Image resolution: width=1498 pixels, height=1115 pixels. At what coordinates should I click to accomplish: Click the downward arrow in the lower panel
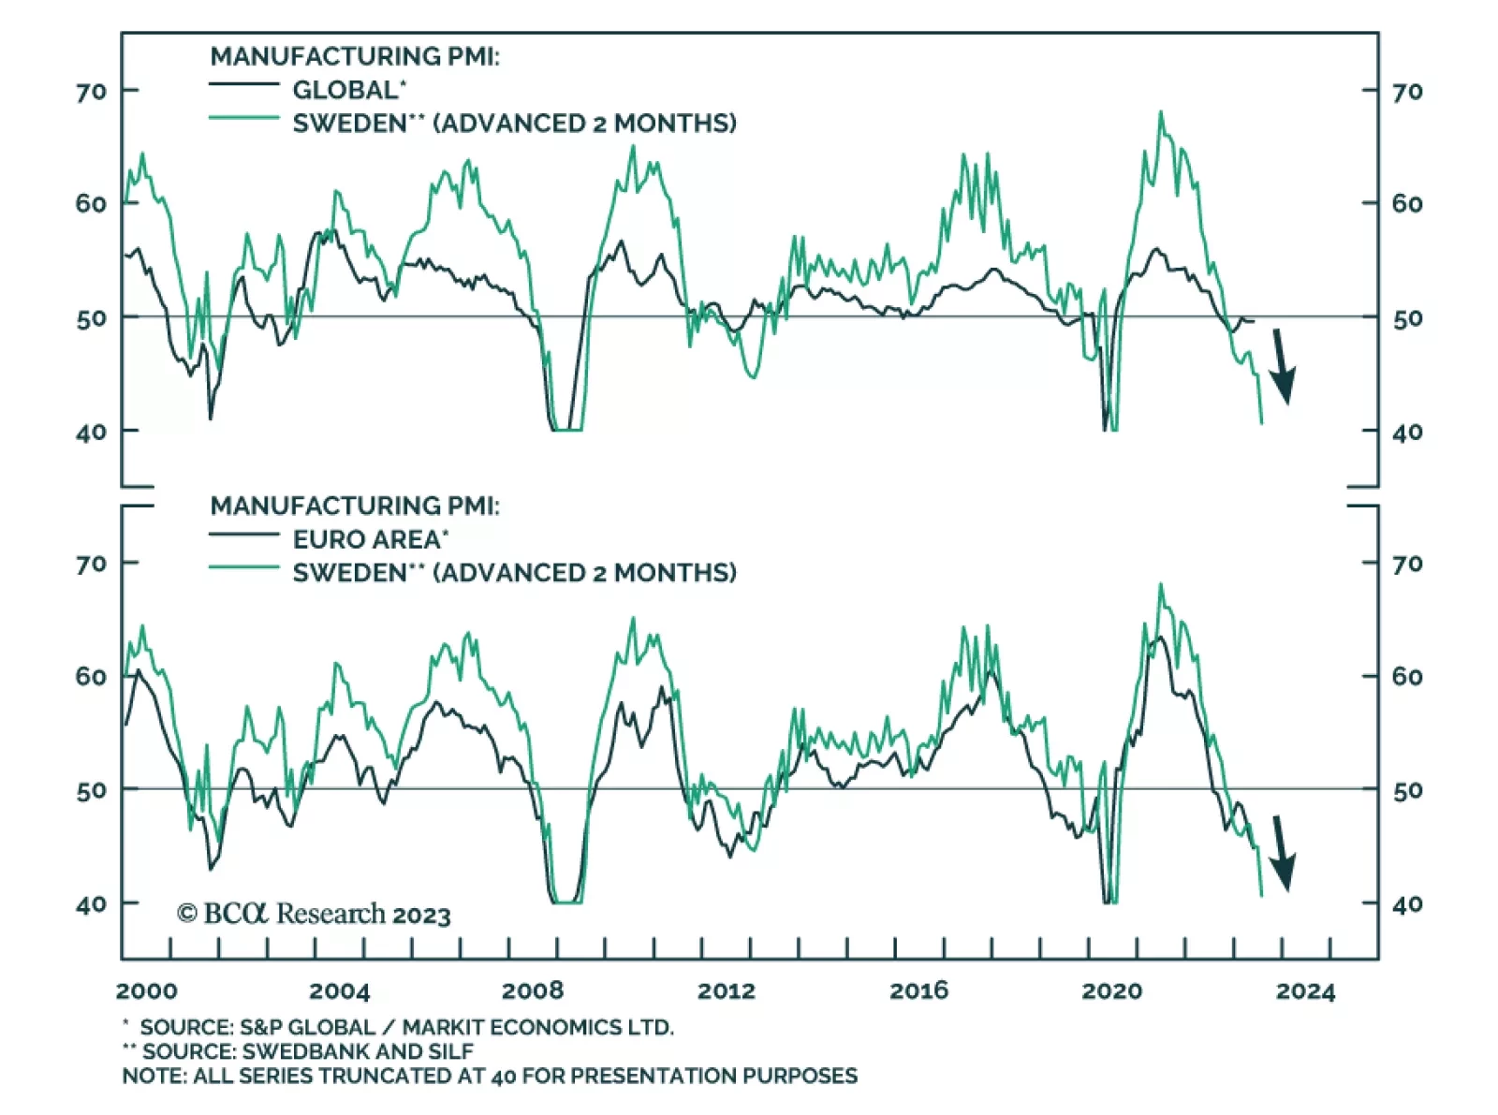click(1282, 852)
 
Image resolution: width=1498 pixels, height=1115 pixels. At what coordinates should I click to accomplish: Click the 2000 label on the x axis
click(147, 990)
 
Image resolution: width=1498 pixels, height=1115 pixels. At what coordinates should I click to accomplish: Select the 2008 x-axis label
click(533, 990)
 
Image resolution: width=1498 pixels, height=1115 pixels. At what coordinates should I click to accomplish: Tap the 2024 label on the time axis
click(1305, 990)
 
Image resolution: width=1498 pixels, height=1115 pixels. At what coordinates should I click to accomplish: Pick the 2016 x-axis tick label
click(918, 990)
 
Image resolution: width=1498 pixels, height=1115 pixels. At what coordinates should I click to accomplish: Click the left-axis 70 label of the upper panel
click(91, 92)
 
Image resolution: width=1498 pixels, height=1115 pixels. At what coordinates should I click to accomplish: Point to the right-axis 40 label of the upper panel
click(1406, 433)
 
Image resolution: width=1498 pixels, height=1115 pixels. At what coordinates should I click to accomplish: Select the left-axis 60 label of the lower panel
click(91, 676)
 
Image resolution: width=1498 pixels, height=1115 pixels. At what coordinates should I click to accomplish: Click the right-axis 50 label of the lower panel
click(1406, 791)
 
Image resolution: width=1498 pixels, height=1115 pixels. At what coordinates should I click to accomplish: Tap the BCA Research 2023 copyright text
click(314, 914)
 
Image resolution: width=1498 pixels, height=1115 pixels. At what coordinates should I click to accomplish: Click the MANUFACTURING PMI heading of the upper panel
click(355, 56)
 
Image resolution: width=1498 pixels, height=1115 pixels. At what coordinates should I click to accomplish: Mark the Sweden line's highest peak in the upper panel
click(1161, 112)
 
